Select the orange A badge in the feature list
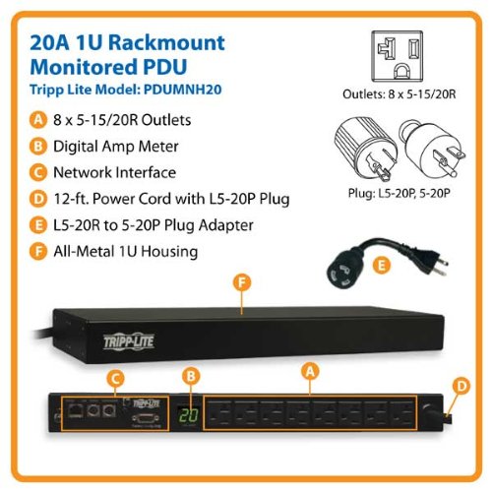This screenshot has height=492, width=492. coord(37,120)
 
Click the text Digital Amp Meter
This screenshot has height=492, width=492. coord(110,147)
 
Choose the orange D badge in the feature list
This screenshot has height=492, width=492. coord(37,199)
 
